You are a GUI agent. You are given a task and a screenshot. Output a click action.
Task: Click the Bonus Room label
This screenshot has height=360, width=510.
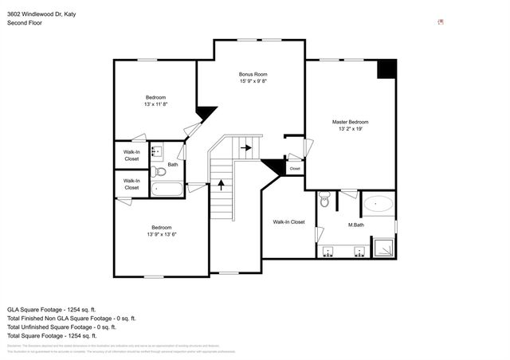[x=252, y=74]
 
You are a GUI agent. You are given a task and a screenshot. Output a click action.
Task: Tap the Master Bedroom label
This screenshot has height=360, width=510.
[x=350, y=122]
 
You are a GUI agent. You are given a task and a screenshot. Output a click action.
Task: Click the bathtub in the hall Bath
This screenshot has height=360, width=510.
[x=167, y=190]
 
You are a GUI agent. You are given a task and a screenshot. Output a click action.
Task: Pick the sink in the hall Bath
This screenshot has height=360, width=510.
[x=157, y=150]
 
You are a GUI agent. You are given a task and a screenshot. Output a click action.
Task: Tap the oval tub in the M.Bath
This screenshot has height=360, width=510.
[x=378, y=205]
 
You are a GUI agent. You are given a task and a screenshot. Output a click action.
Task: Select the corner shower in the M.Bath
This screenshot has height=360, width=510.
[x=385, y=248]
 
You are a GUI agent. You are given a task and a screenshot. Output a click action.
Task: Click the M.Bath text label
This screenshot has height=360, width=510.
[x=356, y=225]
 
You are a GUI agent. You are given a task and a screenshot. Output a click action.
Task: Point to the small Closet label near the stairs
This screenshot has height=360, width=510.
[x=294, y=169]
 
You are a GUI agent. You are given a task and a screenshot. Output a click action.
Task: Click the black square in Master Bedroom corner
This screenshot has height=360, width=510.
[x=386, y=68]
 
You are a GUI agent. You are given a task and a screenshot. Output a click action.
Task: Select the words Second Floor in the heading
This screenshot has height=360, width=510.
[x=25, y=23]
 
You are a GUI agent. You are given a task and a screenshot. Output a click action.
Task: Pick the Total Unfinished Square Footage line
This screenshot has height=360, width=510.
[x=61, y=327]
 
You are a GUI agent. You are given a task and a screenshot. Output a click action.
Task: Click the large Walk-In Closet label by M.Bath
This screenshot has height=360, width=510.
[x=288, y=221]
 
